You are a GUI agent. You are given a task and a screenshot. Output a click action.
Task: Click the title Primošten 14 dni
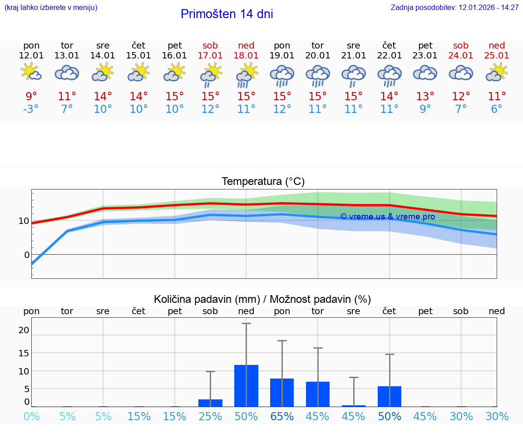(227, 14)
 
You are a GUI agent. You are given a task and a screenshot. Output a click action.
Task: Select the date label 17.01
(210, 56)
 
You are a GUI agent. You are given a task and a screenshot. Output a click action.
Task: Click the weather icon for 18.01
(246, 74)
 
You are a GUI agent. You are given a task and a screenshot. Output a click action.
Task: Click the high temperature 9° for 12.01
(31, 97)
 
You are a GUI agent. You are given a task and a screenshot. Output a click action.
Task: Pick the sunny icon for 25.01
(497, 73)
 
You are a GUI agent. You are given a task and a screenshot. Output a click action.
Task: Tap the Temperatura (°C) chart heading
(263, 182)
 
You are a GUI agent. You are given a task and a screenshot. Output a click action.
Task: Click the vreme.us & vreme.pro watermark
(387, 217)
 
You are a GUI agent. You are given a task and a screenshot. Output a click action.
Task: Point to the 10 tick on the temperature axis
(24, 221)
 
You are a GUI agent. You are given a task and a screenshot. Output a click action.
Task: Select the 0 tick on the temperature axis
(27, 255)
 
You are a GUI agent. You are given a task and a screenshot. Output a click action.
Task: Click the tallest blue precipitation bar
(246, 386)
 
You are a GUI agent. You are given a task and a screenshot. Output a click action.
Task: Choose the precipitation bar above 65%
(282, 393)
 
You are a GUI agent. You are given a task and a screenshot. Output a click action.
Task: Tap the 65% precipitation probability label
(282, 417)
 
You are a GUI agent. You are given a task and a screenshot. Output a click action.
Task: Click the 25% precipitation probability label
(210, 417)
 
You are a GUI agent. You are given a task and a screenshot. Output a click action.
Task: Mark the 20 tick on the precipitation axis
(24, 330)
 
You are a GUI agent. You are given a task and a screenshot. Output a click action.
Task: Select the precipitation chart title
(262, 299)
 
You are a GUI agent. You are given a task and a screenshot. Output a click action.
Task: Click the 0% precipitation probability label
(31, 417)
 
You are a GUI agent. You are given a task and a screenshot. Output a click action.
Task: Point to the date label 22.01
(389, 56)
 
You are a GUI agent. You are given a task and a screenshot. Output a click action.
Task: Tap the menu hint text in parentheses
(51, 7)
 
